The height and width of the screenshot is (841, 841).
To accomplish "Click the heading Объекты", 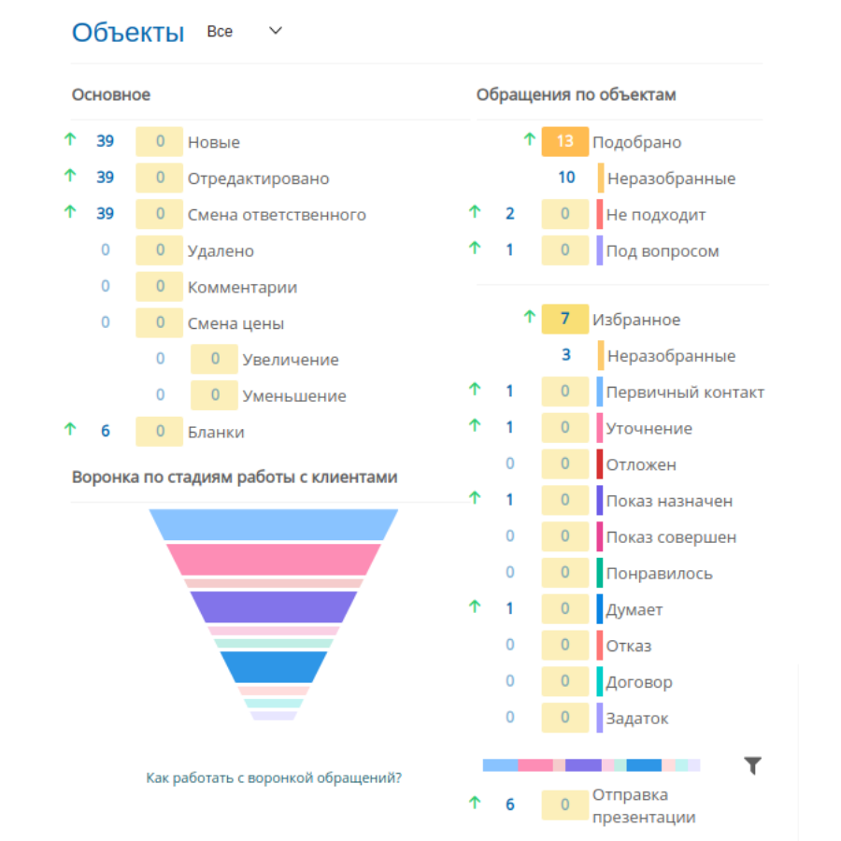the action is click(x=128, y=32).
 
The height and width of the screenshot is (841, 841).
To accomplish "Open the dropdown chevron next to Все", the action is click(x=275, y=31).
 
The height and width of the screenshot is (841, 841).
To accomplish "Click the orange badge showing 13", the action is click(x=564, y=142).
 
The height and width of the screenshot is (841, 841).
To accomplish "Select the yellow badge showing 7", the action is click(x=564, y=320).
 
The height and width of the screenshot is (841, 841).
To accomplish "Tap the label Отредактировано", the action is click(x=259, y=178).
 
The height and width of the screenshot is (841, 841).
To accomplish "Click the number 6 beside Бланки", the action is click(x=105, y=431).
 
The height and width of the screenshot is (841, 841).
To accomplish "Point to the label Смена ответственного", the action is click(x=277, y=215).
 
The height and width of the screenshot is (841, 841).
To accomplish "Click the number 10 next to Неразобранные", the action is click(x=566, y=178).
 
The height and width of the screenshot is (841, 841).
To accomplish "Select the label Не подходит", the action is click(x=656, y=215).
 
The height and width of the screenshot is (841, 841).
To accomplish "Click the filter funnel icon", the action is click(x=753, y=765).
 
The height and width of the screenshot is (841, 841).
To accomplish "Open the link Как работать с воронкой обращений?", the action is click(x=274, y=777).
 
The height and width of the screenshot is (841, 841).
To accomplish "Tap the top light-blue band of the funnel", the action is click(x=274, y=524).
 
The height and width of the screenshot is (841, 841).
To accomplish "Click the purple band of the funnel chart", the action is click(x=274, y=606).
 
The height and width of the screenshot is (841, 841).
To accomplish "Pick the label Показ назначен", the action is click(x=669, y=501).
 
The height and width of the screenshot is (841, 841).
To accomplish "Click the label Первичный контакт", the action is click(x=685, y=392).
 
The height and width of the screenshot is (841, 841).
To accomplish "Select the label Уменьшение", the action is click(x=294, y=396).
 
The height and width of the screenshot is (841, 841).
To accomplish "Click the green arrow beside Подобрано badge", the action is click(x=530, y=139).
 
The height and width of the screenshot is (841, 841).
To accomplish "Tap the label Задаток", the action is click(x=637, y=719).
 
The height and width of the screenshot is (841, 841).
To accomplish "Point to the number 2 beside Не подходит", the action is click(x=509, y=213).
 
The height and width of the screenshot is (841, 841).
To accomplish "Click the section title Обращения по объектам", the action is click(x=576, y=95).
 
